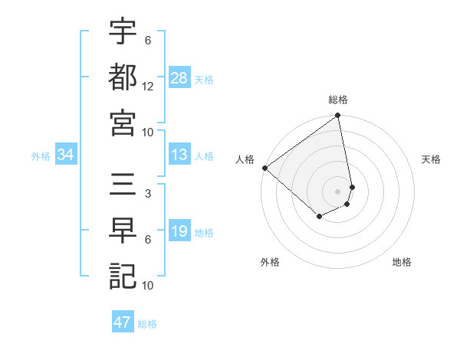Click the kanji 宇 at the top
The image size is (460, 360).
(x=123, y=33)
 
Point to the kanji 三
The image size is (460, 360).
(x=123, y=186)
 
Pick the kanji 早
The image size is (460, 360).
(x=123, y=231)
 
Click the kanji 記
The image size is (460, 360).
(x=123, y=275)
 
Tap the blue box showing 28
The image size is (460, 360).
(x=179, y=77)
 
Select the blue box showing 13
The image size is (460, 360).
(x=179, y=155)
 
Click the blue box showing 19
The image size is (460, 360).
(x=179, y=232)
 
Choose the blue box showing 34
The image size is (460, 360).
(x=66, y=155)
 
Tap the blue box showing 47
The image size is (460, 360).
(x=123, y=322)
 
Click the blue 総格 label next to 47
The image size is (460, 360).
(x=147, y=324)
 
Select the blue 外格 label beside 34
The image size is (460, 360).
(x=41, y=156)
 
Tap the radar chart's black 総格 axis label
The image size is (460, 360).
(x=338, y=100)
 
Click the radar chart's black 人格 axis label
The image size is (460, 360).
(x=245, y=159)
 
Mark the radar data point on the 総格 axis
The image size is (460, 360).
(x=337, y=116)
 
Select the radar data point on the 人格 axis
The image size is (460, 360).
(x=264, y=168)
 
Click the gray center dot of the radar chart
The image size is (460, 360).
(x=337, y=191)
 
